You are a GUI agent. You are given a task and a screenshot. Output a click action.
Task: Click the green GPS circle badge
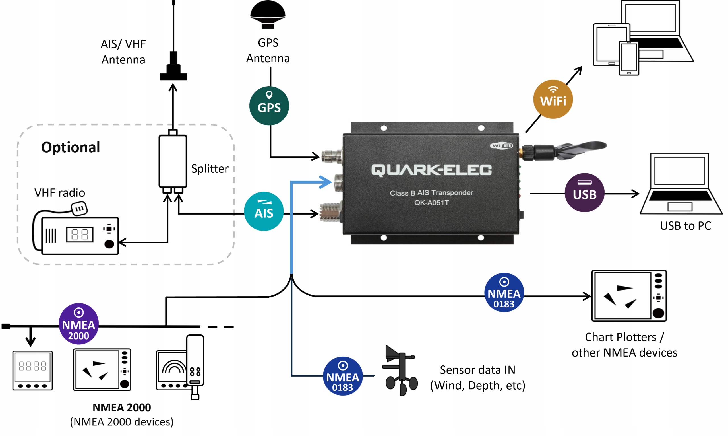[269, 106]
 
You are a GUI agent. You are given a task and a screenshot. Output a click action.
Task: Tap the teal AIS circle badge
[264, 211]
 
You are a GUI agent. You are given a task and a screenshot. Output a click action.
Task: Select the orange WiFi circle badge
[553, 99]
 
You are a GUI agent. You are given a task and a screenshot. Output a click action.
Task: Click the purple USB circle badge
[584, 192]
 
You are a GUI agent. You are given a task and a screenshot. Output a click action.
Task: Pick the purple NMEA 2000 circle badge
[78, 324]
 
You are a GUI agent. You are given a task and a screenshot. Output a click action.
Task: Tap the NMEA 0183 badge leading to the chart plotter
[504, 292]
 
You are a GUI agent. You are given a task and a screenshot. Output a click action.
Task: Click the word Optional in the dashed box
[71, 147]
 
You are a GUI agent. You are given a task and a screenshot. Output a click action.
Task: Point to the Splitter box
[173, 161]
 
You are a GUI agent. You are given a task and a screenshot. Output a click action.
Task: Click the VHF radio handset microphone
[79, 209]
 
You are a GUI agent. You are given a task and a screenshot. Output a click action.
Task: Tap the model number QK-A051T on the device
[431, 203]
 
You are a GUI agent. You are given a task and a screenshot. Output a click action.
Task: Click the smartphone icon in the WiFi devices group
[628, 58]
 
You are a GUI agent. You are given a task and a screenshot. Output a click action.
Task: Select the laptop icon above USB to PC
[681, 184]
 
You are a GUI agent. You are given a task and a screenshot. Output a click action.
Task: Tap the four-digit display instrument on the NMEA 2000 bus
[32, 370]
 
